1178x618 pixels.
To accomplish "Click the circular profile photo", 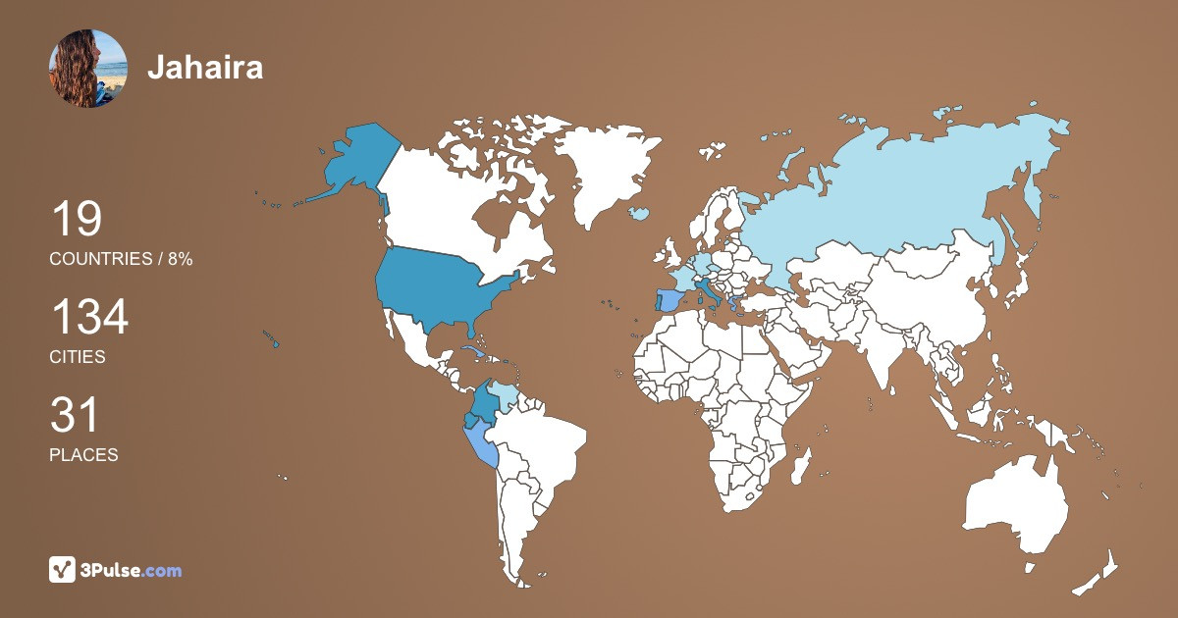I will click(87, 68).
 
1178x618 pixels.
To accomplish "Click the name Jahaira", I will click(205, 68).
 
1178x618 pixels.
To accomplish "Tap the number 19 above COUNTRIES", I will click(76, 220).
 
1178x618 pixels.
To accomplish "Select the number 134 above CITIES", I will click(89, 318).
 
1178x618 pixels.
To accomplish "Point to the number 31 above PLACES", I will click(75, 416).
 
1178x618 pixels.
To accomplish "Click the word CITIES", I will click(78, 357).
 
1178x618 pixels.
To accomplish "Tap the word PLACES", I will click(83, 455).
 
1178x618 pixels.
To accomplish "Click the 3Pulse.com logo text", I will click(131, 570).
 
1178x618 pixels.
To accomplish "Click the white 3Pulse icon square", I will click(63, 570).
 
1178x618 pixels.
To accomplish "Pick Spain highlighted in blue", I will click(669, 300).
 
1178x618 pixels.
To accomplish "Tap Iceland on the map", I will click(640, 213).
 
